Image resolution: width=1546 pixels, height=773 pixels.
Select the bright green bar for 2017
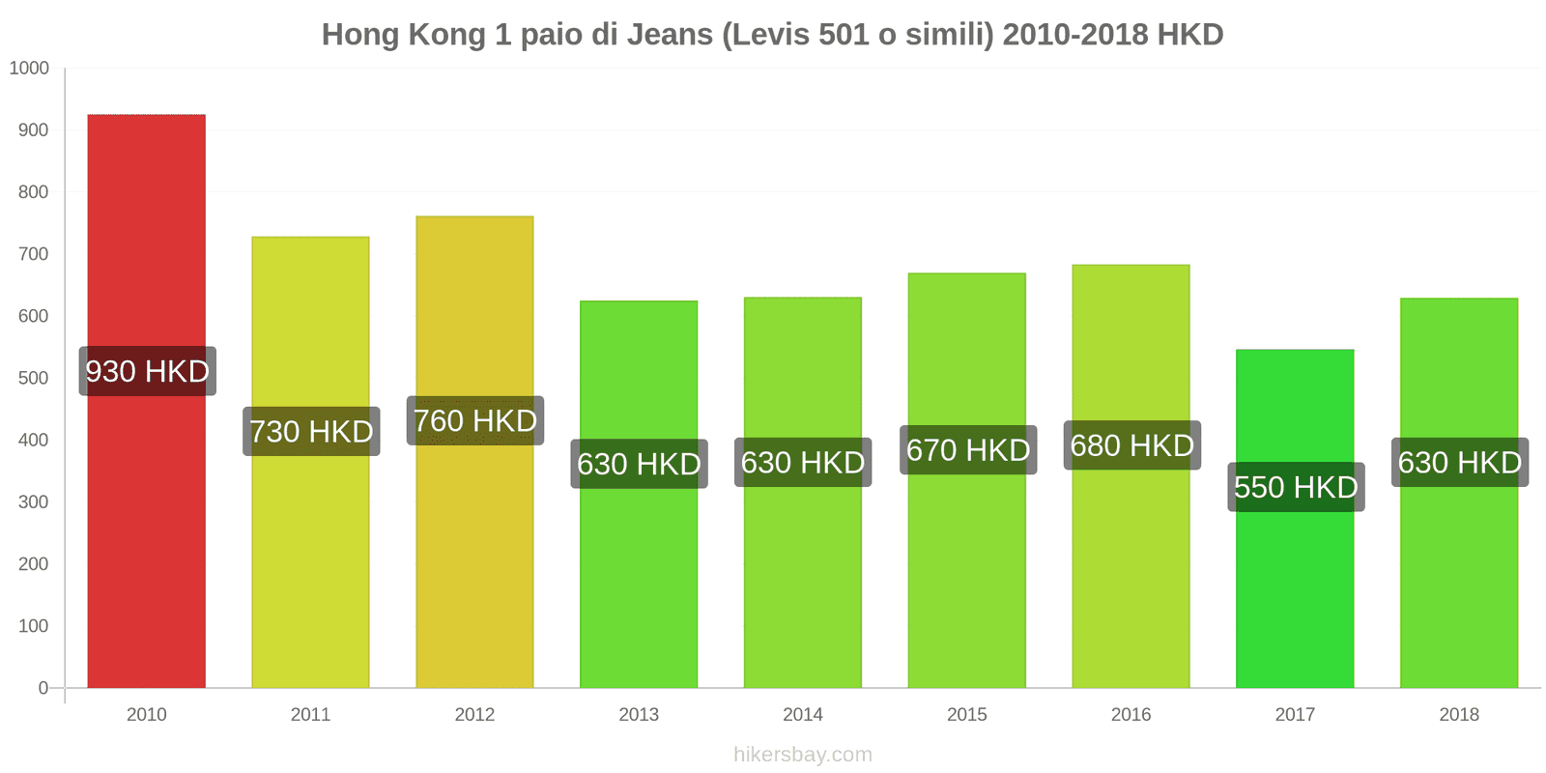pos(1295,580)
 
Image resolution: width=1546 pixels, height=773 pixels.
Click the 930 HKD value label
pos(147,371)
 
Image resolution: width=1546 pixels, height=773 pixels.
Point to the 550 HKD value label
pos(1296,487)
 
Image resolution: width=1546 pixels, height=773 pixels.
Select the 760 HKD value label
pos(474,421)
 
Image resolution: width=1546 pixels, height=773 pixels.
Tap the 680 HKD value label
pos(1131,445)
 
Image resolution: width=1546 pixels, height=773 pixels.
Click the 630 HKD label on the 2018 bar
pos(1459,463)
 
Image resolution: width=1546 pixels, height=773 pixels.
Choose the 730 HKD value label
pos(311,431)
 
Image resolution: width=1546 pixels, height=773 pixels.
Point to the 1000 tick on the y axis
pos(29,68)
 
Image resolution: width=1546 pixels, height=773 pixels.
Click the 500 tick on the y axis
pos(33,378)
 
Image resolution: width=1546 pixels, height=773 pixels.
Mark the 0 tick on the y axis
pos(43,688)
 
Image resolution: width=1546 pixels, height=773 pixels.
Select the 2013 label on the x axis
pos(639,714)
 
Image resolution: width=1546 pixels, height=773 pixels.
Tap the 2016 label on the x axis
pos(1131,714)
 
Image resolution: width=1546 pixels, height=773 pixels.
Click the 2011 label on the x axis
pos(310,714)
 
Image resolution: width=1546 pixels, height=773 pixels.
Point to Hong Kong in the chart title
pos(403,35)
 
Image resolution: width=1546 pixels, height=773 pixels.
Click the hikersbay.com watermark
pos(802,755)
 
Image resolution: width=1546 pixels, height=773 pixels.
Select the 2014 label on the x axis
pos(802,714)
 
